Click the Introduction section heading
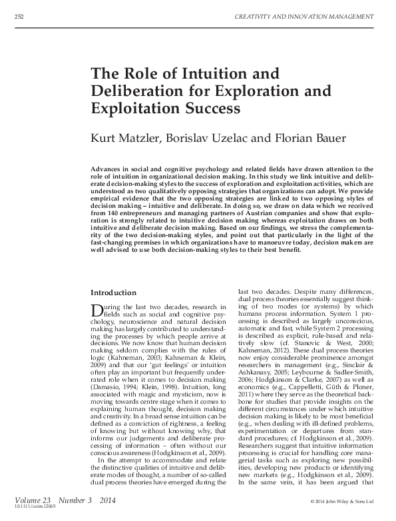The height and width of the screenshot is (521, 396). [x=113, y=292]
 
